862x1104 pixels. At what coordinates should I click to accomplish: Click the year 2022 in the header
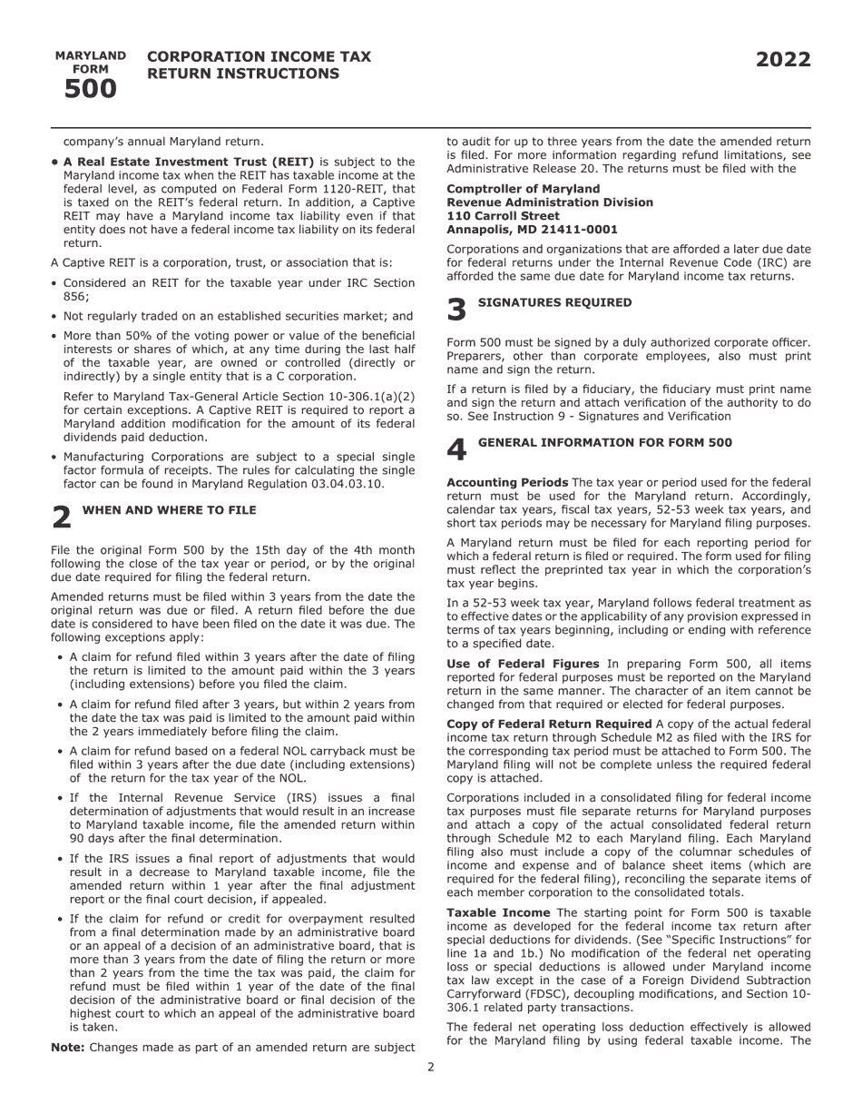click(783, 60)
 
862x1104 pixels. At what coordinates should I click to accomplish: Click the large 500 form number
click(90, 89)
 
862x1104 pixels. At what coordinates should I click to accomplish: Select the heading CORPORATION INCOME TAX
click(259, 56)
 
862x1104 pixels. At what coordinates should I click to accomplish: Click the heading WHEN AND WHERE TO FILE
click(169, 510)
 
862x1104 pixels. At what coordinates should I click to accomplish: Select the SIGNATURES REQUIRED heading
click(554, 302)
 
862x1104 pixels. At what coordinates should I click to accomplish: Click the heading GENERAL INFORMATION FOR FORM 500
click(604, 443)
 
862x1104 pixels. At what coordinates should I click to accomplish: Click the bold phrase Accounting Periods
click(507, 483)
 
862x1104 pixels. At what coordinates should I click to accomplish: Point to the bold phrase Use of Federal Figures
click(523, 664)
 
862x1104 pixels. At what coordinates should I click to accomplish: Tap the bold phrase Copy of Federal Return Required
click(550, 724)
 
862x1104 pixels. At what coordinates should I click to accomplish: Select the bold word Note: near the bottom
click(68, 1047)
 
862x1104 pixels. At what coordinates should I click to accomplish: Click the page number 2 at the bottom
click(431, 1067)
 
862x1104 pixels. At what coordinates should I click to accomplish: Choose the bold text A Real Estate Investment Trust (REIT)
click(189, 162)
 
